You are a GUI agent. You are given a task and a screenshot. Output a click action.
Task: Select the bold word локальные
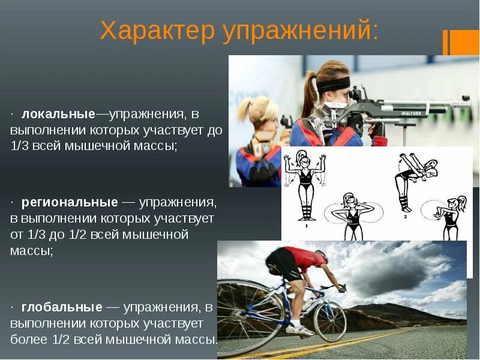tap(58, 114)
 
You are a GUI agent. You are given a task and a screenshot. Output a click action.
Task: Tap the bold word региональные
tap(70, 202)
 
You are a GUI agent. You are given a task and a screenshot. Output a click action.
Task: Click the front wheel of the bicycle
tap(329, 321)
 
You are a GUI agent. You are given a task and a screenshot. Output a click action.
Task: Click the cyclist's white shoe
tap(298, 329)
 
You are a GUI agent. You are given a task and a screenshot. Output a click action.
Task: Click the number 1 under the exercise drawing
tap(307, 226)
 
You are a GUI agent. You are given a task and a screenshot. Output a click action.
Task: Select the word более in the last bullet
tap(28, 339)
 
